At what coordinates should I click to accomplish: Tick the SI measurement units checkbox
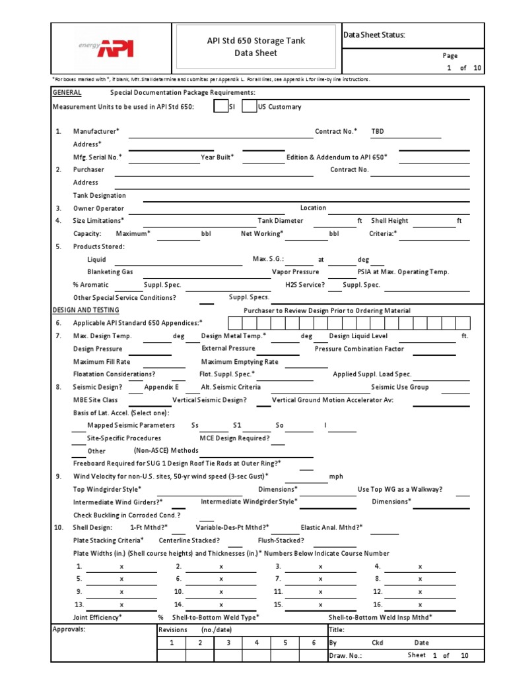220,107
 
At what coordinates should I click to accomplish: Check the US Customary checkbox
250,107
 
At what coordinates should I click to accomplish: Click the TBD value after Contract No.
377,131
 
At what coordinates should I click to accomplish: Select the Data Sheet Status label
374,35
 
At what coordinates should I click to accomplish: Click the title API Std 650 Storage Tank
257,41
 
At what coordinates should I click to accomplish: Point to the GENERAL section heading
67,93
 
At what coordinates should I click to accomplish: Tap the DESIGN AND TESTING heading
86,310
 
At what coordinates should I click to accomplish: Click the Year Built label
217,157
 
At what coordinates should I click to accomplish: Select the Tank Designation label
99,195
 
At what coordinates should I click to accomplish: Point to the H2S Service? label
305,285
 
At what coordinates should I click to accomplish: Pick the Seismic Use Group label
399,387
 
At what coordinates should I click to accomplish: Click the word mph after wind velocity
336,477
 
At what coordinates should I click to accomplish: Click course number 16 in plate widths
377,604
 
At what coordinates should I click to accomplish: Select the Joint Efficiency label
97,617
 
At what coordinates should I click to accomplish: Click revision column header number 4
257,643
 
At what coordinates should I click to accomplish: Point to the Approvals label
69,629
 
